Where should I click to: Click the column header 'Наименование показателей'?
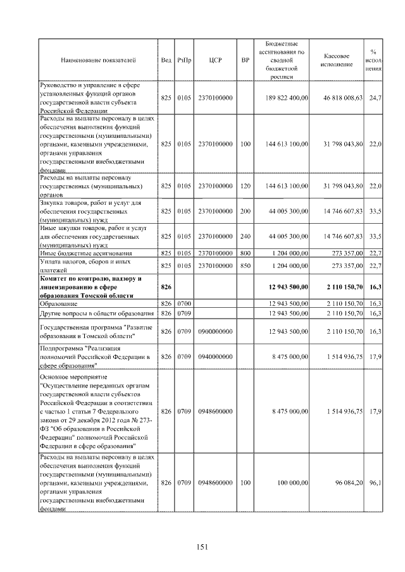(98, 61)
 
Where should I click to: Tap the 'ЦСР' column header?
(214, 61)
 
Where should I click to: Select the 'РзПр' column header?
(184, 61)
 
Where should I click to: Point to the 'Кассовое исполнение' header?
(341, 61)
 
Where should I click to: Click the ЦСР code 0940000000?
(215, 357)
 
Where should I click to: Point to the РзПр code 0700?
(184, 304)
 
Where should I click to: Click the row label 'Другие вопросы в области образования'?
(97, 313)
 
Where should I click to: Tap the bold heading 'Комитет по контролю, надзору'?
(90, 279)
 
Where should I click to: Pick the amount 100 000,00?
(290, 483)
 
